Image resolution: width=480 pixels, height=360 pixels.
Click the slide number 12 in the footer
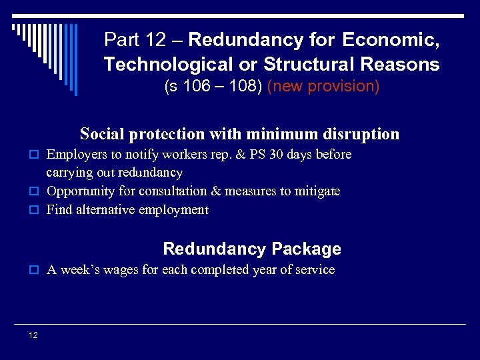click(x=33, y=335)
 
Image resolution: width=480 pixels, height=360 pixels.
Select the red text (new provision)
click(x=323, y=87)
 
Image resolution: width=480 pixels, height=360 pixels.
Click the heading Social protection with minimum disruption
click(x=239, y=134)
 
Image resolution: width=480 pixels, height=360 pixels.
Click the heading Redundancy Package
click(x=251, y=249)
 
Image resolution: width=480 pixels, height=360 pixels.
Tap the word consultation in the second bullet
click(x=173, y=191)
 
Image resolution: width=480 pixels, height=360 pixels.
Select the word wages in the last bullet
click(x=110, y=270)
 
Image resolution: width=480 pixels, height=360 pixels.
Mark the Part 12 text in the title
click(x=135, y=40)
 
